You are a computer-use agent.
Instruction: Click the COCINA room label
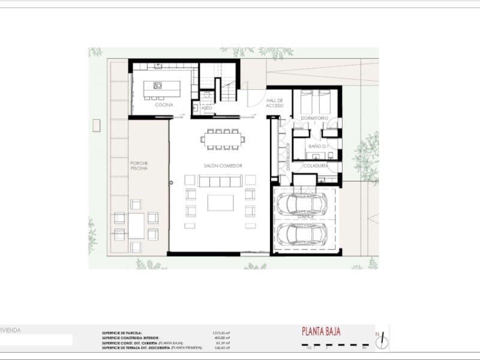point(164,106)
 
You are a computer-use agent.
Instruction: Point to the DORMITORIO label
point(314,118)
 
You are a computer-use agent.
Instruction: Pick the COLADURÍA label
point(315,165)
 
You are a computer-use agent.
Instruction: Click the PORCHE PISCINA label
point(139,166)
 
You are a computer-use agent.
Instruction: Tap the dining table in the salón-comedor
point(223,139)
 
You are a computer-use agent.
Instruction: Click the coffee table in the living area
point(220,203)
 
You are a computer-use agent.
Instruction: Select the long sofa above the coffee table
point(220,181)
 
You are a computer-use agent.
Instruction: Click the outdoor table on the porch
point(136,226)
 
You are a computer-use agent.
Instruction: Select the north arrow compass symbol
point(380,340)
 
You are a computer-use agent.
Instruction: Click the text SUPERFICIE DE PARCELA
point(122,331)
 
